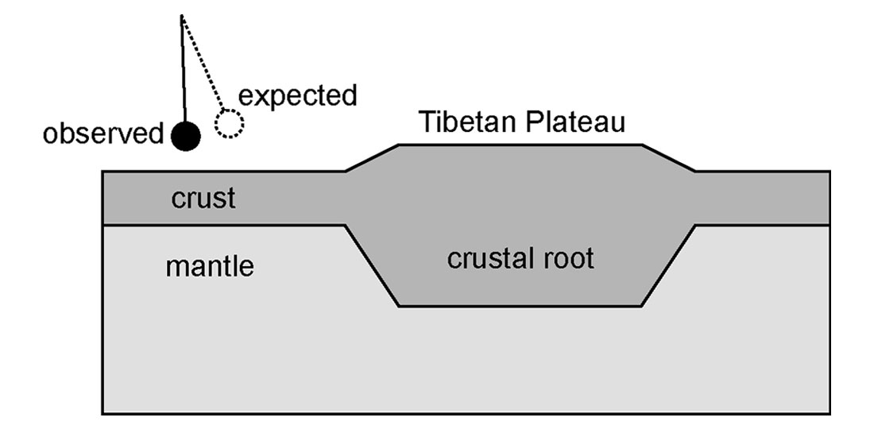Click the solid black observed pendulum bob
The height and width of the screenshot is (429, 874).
click(186, 136)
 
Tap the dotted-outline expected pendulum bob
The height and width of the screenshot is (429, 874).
click(230, 124)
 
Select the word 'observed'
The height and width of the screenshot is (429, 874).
click(102, 134)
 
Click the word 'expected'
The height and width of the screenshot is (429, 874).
click(298, 95)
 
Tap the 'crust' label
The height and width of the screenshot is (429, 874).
click(203, 198)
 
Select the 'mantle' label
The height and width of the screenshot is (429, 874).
click(210, 266)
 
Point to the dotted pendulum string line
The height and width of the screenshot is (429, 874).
click(203, 64)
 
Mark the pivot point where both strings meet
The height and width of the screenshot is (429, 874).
click(182, 16)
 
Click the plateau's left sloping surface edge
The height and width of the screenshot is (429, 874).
click(372, 157)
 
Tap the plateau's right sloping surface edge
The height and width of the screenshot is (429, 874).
click(669, 157)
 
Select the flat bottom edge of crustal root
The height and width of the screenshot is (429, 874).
click(520, 306)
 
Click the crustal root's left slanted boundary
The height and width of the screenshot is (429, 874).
click(372, 266)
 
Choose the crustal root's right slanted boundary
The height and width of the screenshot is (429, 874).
click(669, 266)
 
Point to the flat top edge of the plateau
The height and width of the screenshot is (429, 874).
click(520, 145)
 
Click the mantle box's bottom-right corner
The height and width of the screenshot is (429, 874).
click(830, 413)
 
